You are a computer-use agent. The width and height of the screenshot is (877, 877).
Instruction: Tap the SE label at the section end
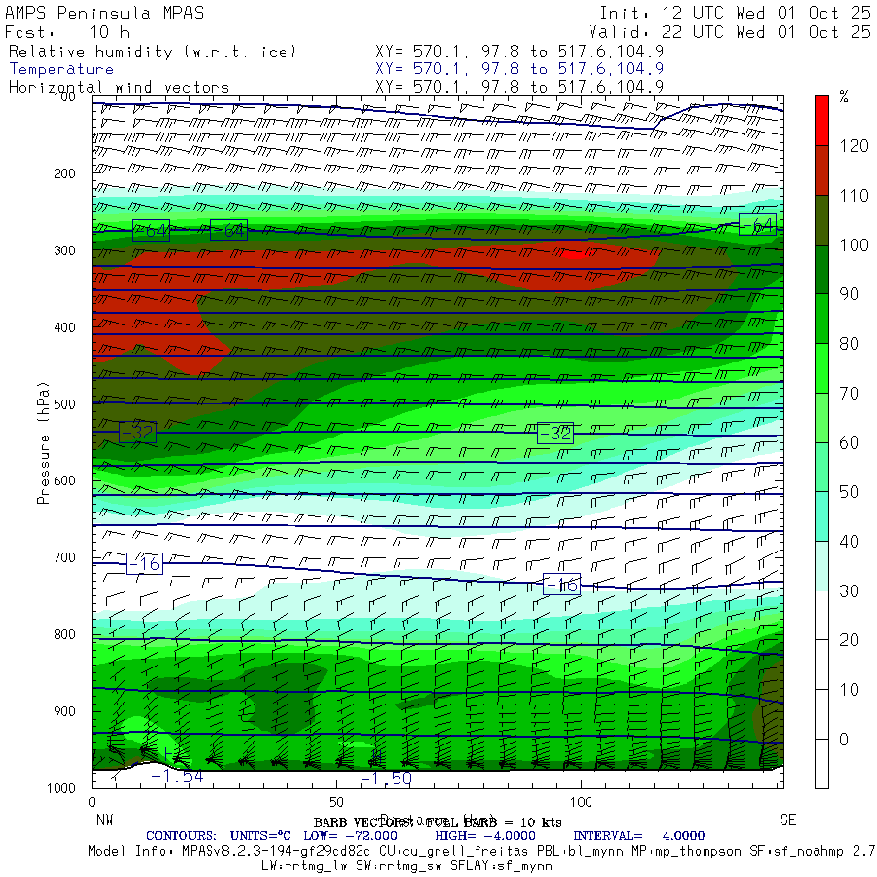786,820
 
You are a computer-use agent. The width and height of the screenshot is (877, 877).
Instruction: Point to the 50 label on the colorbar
849,492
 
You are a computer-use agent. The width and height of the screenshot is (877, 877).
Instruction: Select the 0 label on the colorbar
844,739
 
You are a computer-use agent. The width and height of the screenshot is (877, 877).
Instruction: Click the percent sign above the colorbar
844,97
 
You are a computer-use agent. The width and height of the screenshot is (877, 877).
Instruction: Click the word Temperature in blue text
61,69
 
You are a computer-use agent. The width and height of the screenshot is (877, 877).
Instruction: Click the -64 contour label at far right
757,225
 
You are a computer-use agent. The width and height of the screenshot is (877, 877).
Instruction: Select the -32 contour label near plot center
555,433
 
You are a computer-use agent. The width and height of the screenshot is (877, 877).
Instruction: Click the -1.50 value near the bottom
386,779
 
